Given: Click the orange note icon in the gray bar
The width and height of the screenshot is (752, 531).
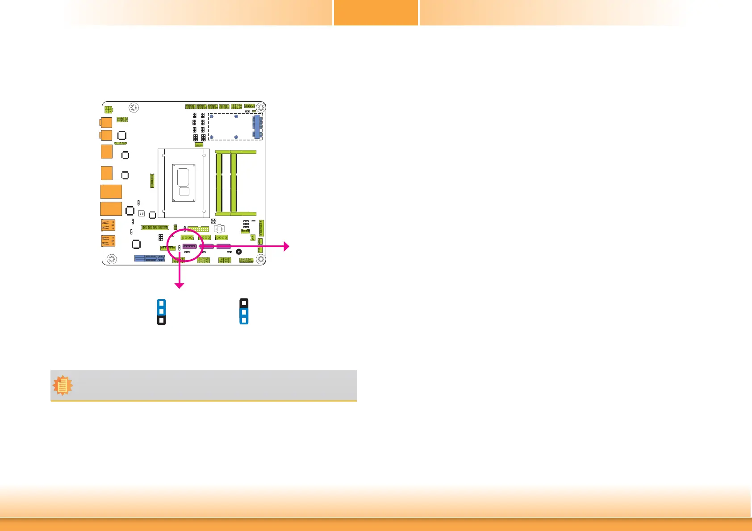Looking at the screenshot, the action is [x=63, y=385].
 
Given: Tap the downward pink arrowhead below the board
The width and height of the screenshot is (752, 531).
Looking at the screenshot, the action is [x=179, y=286].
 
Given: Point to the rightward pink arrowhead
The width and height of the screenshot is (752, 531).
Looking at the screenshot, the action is [x=286, y=246].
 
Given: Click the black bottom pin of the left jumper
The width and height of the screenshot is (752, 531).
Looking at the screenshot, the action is [x=162, y=320].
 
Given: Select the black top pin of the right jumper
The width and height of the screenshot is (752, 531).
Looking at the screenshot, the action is [x=244, y=303].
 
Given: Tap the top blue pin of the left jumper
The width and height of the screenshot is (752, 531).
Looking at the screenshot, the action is [x=162, y=303].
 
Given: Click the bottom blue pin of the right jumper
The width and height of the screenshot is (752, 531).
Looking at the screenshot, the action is [x=244, y=320].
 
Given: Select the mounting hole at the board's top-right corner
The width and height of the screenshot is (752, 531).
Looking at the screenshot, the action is [x=261, y=108].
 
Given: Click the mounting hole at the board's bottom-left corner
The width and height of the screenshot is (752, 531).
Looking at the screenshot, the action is [x=112, y=259].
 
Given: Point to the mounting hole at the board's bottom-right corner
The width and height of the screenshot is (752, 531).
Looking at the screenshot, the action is [x=261, y=259].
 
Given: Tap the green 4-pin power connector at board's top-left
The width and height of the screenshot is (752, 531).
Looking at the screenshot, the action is [x=109, y=109].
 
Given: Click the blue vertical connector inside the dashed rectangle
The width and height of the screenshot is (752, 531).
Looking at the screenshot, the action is [x=257, y=127].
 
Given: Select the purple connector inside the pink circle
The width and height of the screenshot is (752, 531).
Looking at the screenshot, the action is [x=189, y=246].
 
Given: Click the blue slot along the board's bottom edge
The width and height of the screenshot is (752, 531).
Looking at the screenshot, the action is [x=150, y=258].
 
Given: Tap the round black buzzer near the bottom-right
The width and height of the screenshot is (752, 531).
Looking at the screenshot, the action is [x=239, y=252].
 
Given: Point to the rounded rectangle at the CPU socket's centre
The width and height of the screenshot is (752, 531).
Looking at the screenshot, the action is [x=184, y=177].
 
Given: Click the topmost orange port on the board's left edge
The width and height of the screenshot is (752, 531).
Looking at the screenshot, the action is [x=106, y=122].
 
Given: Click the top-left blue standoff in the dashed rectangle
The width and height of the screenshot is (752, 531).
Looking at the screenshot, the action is [x=212, y=116].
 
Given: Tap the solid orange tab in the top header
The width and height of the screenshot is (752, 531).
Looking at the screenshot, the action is [x=376, y=12].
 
